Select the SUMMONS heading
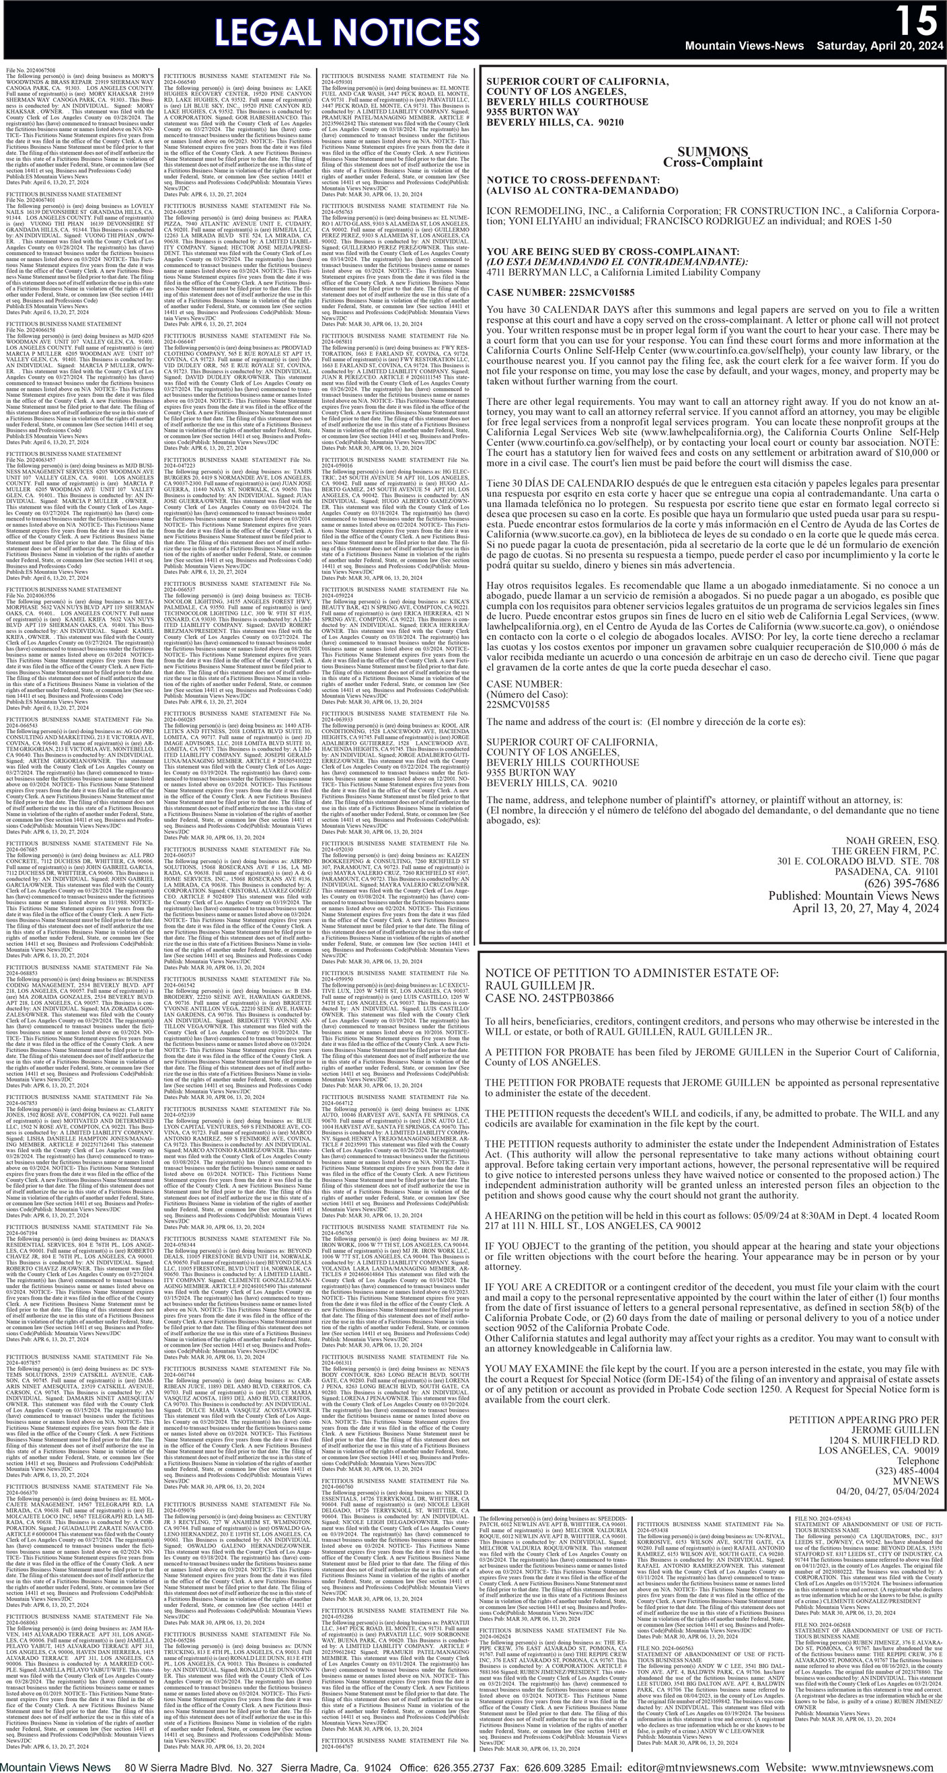click(712, 151)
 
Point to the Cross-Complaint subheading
click(712, 163)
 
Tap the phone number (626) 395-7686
click(901, 884)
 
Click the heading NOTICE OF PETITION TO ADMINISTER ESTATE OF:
click(632, 973)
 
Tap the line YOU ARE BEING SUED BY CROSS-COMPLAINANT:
click(613, 252)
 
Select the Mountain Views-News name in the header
click(744, 46)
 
